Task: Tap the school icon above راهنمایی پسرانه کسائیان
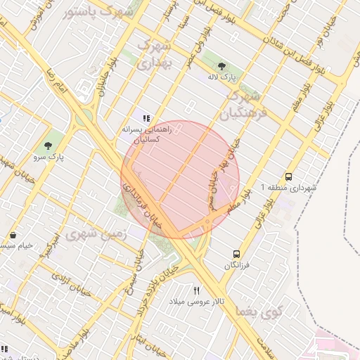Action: coord(146,119)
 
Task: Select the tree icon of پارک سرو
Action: coord(48,146)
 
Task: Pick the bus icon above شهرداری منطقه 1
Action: coord(289,176)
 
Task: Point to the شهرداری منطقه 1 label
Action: coord(289,188)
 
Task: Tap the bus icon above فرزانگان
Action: coord(236,254)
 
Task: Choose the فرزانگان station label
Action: coord(236,266)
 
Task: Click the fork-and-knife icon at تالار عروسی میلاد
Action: coord(197,290)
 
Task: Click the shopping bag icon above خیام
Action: coord(14,233)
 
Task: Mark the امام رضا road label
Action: coord(58,78)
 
